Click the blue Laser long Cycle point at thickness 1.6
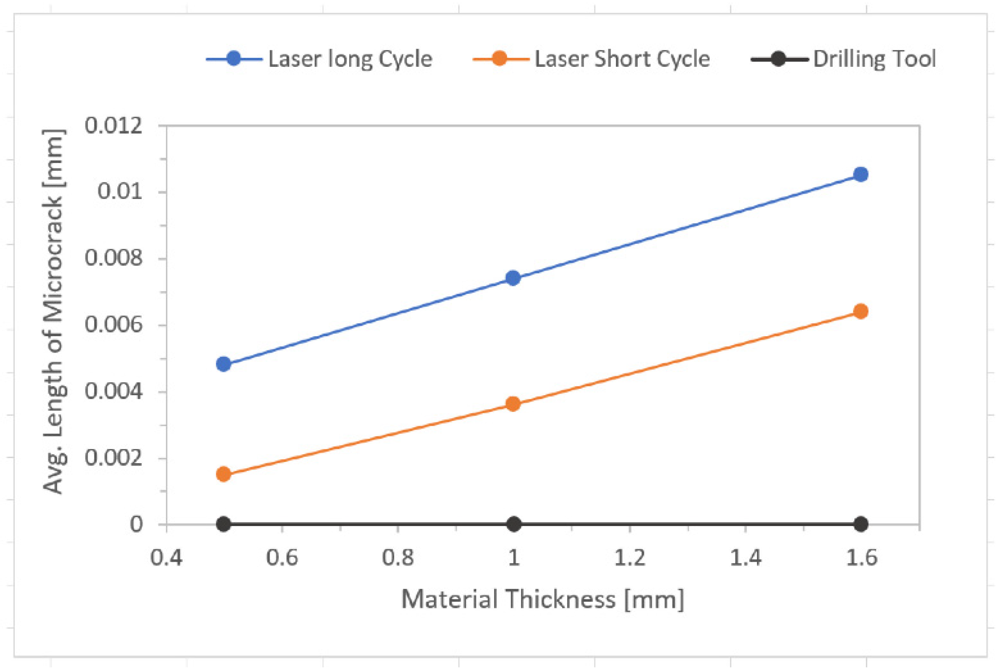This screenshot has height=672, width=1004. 860,174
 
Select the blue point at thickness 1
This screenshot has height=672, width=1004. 513,278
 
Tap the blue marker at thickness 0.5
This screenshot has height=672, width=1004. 223,364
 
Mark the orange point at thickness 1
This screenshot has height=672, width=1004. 513,404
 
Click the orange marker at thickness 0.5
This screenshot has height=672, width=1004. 223,474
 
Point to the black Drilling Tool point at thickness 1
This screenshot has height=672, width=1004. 513,524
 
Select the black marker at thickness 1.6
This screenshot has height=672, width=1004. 860,524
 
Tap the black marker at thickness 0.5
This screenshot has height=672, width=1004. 223,524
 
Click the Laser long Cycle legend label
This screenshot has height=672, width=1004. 350,59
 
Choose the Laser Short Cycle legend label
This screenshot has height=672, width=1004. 622,59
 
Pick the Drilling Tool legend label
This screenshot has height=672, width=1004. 874,59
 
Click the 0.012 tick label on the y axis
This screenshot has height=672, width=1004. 113,125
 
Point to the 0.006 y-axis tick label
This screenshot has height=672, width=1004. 113,325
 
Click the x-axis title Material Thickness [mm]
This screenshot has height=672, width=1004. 542,599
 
